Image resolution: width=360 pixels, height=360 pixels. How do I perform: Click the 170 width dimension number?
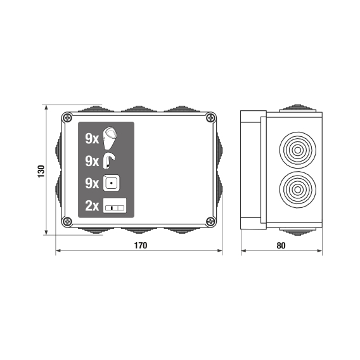coord(141,245)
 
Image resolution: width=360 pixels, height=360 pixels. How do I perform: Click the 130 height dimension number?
coord(41,171)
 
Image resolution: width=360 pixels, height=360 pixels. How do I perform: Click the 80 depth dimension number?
coord(281,246)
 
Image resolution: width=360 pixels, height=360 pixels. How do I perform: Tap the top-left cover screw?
coord(67,118)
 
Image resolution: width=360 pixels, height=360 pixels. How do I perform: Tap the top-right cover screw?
coord(210,118)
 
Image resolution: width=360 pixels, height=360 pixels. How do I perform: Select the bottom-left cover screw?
coord(67,222)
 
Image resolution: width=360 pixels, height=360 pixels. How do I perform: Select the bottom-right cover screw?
coord(210,222)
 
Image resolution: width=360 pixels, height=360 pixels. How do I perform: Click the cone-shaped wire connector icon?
coord(110,138)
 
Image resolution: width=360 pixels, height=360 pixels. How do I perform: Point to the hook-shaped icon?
coord(109,161)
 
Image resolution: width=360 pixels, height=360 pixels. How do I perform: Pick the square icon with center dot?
coord(111,183)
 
